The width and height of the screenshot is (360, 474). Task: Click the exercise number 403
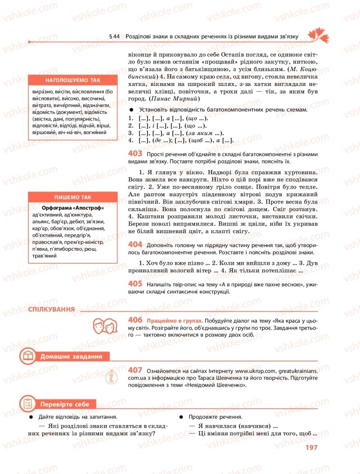point(135,154)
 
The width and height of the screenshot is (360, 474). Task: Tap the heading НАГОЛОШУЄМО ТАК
point(73,80)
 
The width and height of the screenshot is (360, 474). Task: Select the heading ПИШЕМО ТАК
point(73,197)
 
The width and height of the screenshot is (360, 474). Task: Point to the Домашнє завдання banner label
point(71,357)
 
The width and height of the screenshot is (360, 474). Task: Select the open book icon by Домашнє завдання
point(28,357)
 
